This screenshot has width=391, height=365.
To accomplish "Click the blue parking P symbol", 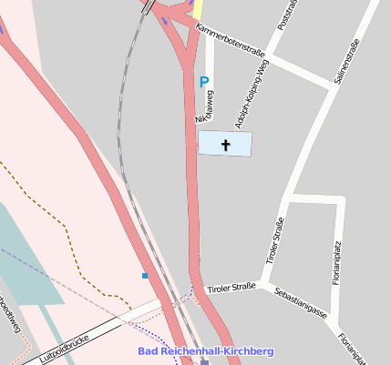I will click(x=204, y=82).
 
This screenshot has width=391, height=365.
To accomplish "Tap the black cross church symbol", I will click(x=225, y=144).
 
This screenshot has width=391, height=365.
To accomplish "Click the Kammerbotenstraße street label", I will click(x=236, y=42).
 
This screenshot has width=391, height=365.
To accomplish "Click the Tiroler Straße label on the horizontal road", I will click(x=231, y=289).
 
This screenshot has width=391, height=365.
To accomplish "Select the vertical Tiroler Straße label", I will click(x=274, y=241).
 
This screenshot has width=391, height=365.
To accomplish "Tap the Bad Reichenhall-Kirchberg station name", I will click(x=206, y=351).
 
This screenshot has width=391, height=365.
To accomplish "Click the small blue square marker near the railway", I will click(x=144, y=274).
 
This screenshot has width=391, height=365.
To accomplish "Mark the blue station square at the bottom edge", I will click(x=205, y=361).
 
